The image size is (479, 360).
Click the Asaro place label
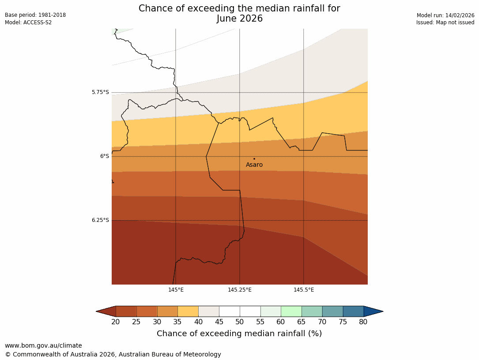pos(254,165)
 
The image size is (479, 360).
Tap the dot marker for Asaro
pos(254,159)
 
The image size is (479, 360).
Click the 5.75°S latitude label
pos(100,93)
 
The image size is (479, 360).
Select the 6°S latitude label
pos(104,156)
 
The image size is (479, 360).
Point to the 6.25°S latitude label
pos(100,220)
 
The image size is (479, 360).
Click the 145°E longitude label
pos(176,290)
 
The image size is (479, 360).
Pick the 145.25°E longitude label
pos(240,290)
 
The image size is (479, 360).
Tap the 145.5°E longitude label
pos(304,290)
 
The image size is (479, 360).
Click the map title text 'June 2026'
pos(239,19)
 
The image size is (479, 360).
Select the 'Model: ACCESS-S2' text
pos(28,22)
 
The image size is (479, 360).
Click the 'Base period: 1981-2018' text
pos(35,15)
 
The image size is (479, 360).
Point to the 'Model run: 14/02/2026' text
pos(445,15)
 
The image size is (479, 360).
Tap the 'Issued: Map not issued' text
pos(445,22)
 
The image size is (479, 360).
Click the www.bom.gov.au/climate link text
pos(43,345)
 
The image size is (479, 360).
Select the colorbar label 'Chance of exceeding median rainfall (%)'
pos(239,334)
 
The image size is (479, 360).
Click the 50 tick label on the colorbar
pos(240,322)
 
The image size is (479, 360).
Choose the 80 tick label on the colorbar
pos(363,322)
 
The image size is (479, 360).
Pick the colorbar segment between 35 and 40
pos(188,311)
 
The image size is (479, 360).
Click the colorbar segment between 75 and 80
pos(353,311)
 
